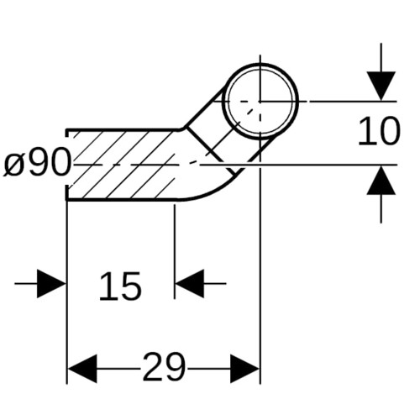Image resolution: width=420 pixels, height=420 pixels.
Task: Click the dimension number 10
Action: [380, 131]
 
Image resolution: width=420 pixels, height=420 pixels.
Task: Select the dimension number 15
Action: [120, 286]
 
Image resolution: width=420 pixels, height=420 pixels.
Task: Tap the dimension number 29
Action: [164, 367]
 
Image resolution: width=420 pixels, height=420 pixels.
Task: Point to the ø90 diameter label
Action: [37, 162]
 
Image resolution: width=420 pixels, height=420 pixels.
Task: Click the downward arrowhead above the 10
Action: [381, 86]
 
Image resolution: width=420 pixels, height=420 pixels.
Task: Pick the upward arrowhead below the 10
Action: [381, 180]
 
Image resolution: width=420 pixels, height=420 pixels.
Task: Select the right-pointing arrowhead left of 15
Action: [51, 284]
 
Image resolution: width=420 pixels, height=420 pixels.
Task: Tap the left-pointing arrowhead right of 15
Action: [189, 284]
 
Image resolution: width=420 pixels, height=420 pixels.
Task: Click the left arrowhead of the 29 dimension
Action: [82, 369]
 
